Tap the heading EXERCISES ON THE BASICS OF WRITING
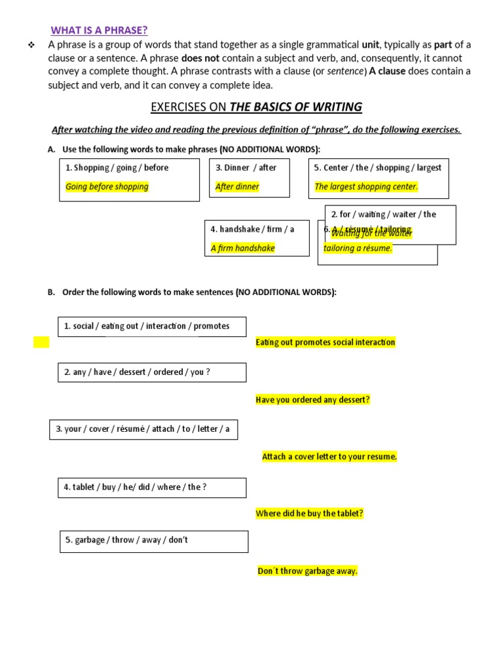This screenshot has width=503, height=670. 256,107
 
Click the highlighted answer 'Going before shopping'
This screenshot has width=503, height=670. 107,186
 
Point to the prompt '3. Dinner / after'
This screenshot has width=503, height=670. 246,167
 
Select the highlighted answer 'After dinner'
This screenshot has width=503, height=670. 237,186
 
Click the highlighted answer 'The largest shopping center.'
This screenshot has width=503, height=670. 366,186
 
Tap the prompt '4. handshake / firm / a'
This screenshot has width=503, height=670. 252,229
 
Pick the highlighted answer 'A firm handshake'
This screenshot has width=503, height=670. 242,248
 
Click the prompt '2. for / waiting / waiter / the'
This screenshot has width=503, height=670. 383,214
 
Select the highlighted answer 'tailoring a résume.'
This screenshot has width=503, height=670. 358,248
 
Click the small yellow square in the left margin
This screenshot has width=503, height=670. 41,342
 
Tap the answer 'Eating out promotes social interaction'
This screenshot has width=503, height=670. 326,342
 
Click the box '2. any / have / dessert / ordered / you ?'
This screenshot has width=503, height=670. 152,372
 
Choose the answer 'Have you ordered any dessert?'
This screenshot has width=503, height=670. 313,400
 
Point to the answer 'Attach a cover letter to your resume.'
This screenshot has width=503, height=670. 329,457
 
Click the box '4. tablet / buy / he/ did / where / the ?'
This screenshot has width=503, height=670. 152,487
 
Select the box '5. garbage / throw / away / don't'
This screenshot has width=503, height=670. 154,541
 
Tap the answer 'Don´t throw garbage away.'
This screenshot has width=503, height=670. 308,571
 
